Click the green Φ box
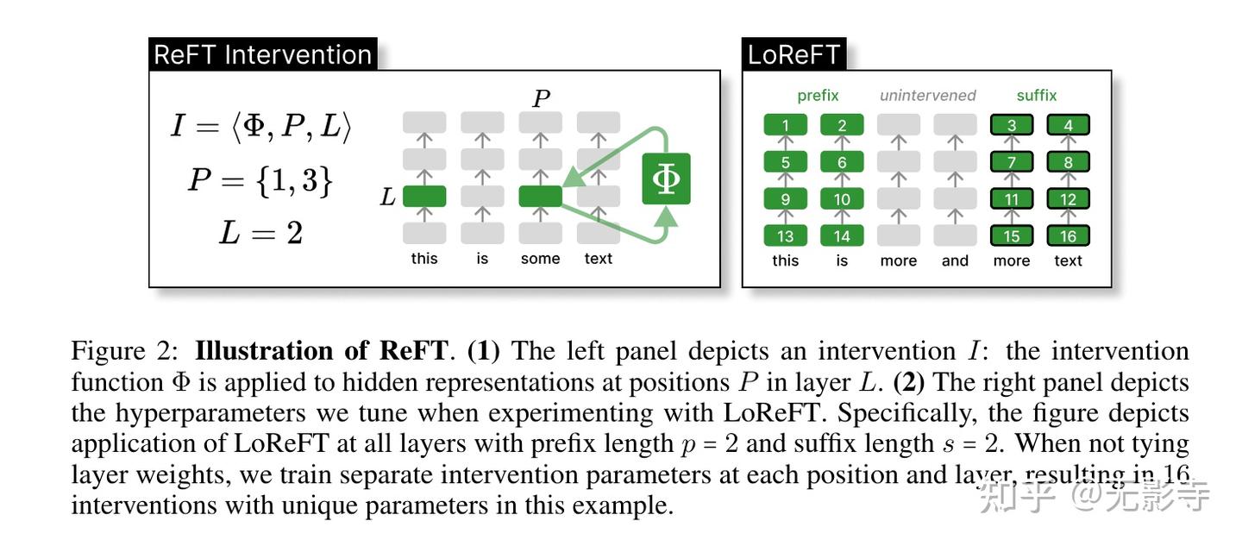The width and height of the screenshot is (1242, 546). tap(666, 179)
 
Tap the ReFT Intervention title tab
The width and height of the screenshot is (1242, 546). tap(262, 54)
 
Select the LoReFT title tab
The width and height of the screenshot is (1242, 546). tap(793, 54)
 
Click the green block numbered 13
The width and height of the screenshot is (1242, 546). tap(785, 235)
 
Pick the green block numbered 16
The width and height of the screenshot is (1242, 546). tap(1068, 235)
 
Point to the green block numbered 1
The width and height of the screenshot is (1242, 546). tap(785, 125)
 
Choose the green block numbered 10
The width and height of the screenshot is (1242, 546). tap(842, 199)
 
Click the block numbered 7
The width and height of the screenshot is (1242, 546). tap(1011, 162)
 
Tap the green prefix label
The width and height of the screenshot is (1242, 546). tap(818, 96)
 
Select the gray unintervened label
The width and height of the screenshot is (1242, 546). tap(927, 96)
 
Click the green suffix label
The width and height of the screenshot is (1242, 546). tap(1036, 96)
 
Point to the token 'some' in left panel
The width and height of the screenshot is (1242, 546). tap(540, 259)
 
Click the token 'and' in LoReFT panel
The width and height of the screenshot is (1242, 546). tap(955, 260)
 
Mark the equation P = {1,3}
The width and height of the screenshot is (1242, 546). tap(260, 180)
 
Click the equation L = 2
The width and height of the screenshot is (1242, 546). tap(260, 233)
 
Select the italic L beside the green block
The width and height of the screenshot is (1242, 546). tap(387, 198)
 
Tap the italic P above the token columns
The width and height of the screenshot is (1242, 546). tap(541, 98)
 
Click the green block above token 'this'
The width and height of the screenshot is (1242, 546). tap(424, 197)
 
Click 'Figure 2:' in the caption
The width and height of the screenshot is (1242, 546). tap(125, 351)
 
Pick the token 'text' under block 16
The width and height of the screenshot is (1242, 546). tap(1068, 260)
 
